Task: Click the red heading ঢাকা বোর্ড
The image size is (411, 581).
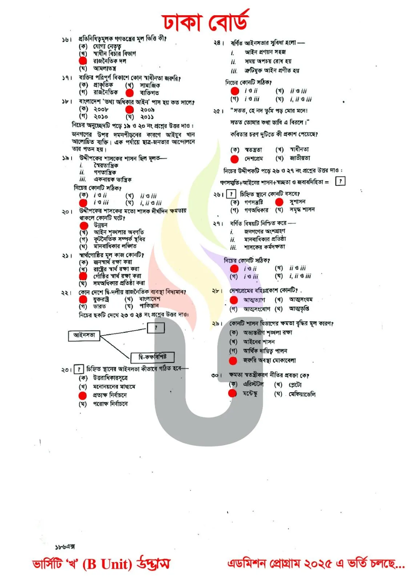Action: (205, 22)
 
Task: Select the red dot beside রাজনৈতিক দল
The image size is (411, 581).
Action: (83, 61)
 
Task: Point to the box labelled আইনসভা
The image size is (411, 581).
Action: (84, 335)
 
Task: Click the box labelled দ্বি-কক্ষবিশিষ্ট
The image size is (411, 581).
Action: (153, 357)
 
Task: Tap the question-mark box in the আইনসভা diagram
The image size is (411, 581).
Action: (156, 328)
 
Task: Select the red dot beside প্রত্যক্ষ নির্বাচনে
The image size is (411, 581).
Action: (83, 395)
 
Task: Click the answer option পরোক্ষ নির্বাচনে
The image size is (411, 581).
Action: (110, 404)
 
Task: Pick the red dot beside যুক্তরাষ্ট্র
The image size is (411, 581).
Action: (83, 299)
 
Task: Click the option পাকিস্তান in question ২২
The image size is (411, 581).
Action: (149, 306)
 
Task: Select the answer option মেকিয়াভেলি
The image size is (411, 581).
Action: (302, 394)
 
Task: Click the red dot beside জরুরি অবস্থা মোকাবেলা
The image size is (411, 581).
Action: (233, 361)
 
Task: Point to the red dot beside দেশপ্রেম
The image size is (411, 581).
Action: (234, 159)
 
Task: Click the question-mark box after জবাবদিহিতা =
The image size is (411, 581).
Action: (340, 181)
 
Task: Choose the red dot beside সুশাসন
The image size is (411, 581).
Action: (279, 202)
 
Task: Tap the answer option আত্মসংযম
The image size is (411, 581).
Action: (301, 300)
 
